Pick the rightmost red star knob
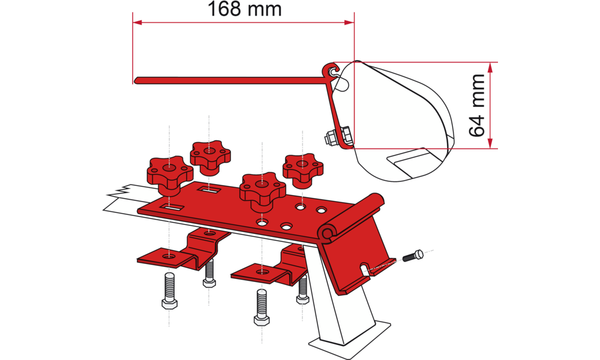pyautogui.click(x=303, y=167)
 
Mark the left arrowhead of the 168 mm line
pyautogui.click(x=136, y=23)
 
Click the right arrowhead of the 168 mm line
pyautogui.click(x=349, y=23)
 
